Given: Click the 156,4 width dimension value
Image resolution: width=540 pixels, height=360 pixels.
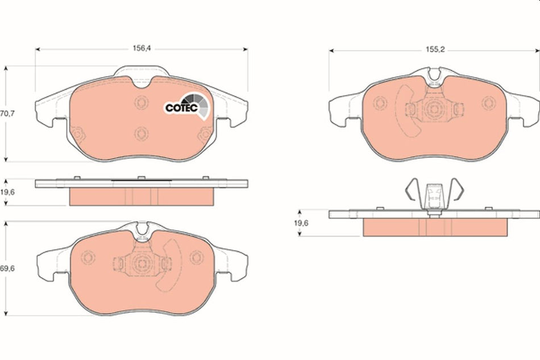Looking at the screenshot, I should [x=141, y=48].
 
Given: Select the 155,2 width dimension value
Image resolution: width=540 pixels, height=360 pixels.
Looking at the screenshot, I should [x=435, y=50].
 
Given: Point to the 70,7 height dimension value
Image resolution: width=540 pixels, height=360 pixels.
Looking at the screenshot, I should [x=7, y=113].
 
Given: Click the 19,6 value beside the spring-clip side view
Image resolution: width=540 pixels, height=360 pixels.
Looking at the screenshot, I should [x=300, y=224].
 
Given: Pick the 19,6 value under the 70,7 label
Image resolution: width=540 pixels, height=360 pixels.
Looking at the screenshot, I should [x=7, y=193].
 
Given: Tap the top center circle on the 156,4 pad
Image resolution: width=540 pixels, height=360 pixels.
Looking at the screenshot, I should [x=141, y=103].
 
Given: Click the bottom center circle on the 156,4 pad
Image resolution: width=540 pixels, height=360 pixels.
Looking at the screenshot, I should [x=141, y=134].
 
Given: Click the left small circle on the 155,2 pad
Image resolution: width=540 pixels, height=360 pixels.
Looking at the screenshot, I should [x=380, y=103].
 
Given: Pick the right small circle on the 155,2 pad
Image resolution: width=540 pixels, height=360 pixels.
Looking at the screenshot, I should [x=488, y=103].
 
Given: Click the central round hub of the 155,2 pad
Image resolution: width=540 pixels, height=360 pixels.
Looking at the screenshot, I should [x=434, y=109].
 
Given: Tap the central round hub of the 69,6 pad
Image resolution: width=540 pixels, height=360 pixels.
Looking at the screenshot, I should [x=141, y=263].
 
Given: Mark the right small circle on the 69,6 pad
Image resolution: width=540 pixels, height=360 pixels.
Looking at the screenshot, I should [x=196, y=257].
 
